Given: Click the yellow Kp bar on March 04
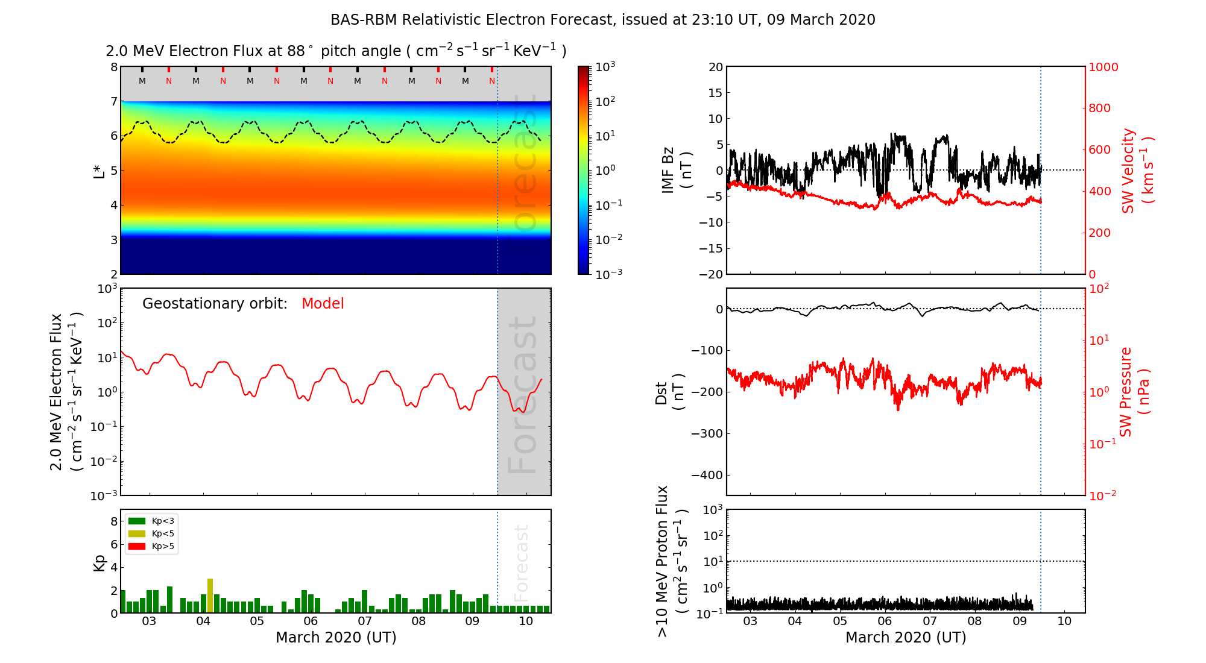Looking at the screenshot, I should click(x=210, y=595).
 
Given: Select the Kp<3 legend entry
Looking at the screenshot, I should click(x=151, y=521).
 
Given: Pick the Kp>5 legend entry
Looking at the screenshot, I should click(x=151, y=547).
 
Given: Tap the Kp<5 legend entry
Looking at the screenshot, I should click(x=151, y=533).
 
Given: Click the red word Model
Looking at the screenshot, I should click(x=323, y=304).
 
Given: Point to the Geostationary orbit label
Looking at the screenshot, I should click(x=215, y=304).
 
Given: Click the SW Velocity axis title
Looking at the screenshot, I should click(x=1137, y=171).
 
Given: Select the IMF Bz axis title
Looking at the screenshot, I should click(x=677, y=171).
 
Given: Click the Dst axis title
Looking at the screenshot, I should click(x=669, y=392).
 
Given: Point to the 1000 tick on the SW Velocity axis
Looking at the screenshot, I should click(x=1103, y=67).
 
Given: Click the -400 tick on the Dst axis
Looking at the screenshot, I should click(x=707, y=475).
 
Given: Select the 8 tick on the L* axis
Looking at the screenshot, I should click(x=113, y=67).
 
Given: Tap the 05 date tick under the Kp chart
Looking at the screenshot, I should click(x=257, y=621).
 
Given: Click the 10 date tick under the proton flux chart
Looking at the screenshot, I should click(x=1064, y=621).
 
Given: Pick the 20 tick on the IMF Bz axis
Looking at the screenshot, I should click(x=715, y=67).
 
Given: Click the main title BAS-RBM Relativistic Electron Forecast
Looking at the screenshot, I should click(x=602, y=20).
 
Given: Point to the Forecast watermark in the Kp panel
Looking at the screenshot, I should click(x=522, y=562).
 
